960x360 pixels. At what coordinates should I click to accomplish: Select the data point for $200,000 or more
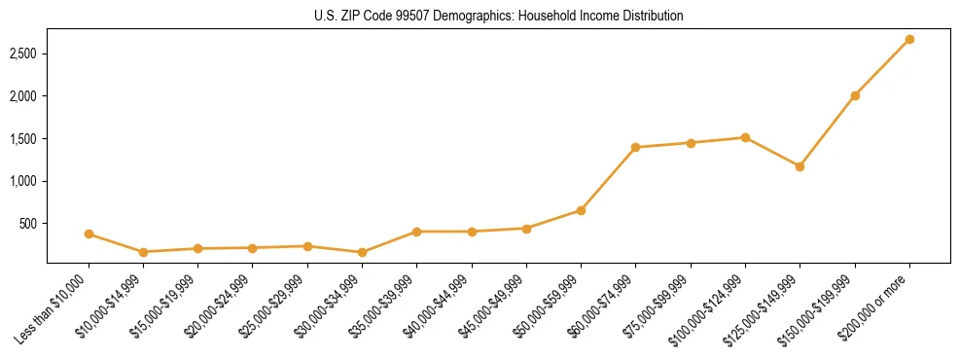[909, 39]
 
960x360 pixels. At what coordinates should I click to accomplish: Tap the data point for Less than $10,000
[89, 234]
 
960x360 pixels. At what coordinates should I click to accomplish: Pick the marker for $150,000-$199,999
[855, 95]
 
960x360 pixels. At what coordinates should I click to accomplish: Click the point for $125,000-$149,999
[800, 166]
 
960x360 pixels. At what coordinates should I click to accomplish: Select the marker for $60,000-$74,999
[635, 147]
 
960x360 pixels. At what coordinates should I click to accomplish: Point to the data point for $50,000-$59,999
[581, 210]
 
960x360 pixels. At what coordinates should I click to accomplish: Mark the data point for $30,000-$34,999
[362, 252]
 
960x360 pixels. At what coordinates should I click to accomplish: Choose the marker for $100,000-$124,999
[745, 137]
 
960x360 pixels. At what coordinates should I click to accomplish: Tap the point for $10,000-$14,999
[143, 252]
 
